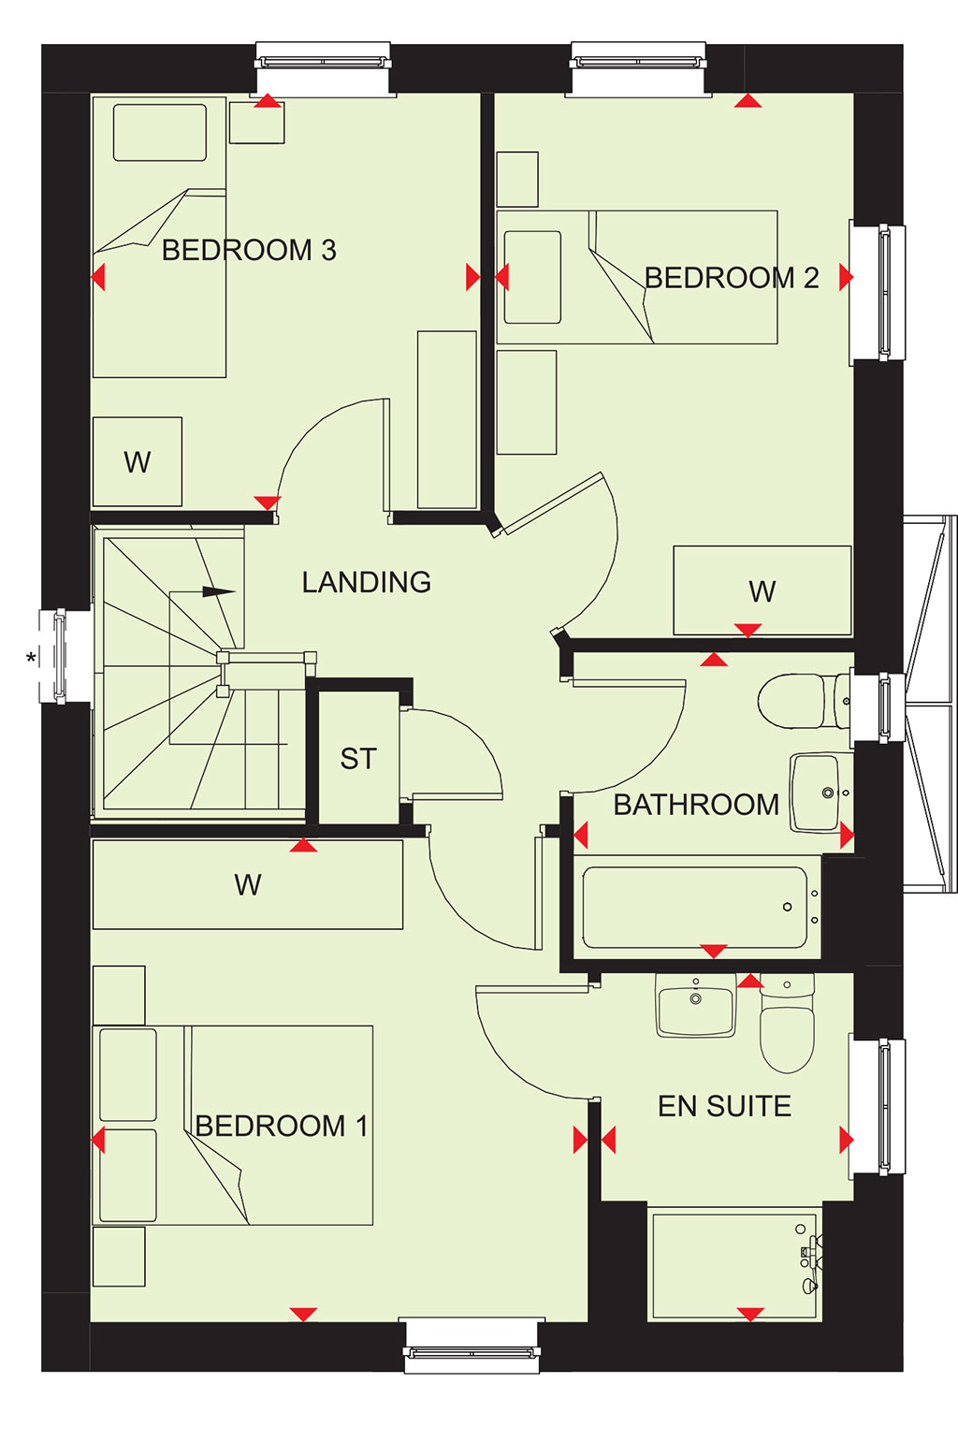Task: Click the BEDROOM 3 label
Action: [248, 250]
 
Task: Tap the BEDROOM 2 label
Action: [732, 278]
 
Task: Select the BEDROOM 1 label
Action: [282, 1126]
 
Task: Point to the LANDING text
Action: [366, 582]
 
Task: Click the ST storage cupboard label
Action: [357, 759]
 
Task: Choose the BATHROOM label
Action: [696, 805]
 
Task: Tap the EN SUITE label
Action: [724, 1106]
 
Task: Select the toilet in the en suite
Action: [787, 1022]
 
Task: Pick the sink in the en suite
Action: [695, 1005]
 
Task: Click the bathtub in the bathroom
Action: [697, 907]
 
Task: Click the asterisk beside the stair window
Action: [30, 658]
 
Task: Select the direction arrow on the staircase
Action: [203, 591]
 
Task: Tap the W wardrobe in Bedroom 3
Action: [137, 461]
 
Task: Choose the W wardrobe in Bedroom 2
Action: [762, 590]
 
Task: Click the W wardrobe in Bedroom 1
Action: [248, 884]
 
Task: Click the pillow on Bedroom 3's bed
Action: [160, 133]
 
